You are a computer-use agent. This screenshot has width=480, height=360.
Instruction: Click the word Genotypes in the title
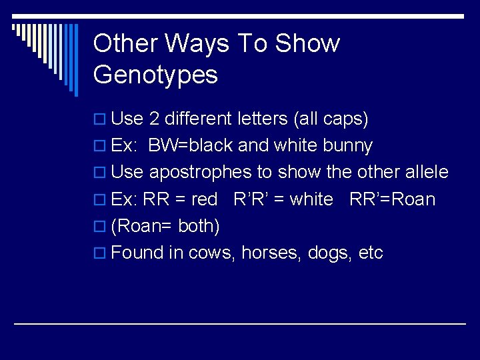coord(155,75)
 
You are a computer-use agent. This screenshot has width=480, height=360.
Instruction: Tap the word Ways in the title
coord(197,43)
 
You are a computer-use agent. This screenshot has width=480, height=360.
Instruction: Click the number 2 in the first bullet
coord(153,119)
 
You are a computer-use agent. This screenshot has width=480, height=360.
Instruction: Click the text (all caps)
coord(330,119)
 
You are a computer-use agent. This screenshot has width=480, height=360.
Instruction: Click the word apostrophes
coord(201,173)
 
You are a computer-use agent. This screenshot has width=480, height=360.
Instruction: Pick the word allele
coord(426,172)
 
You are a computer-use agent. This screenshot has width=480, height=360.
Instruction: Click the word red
coord(204,199)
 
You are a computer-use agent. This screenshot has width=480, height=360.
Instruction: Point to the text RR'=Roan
coord(392,199)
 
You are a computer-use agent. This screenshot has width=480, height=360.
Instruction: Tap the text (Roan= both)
coord(165,226)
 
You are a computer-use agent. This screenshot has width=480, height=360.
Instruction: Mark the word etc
coord(371,253)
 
